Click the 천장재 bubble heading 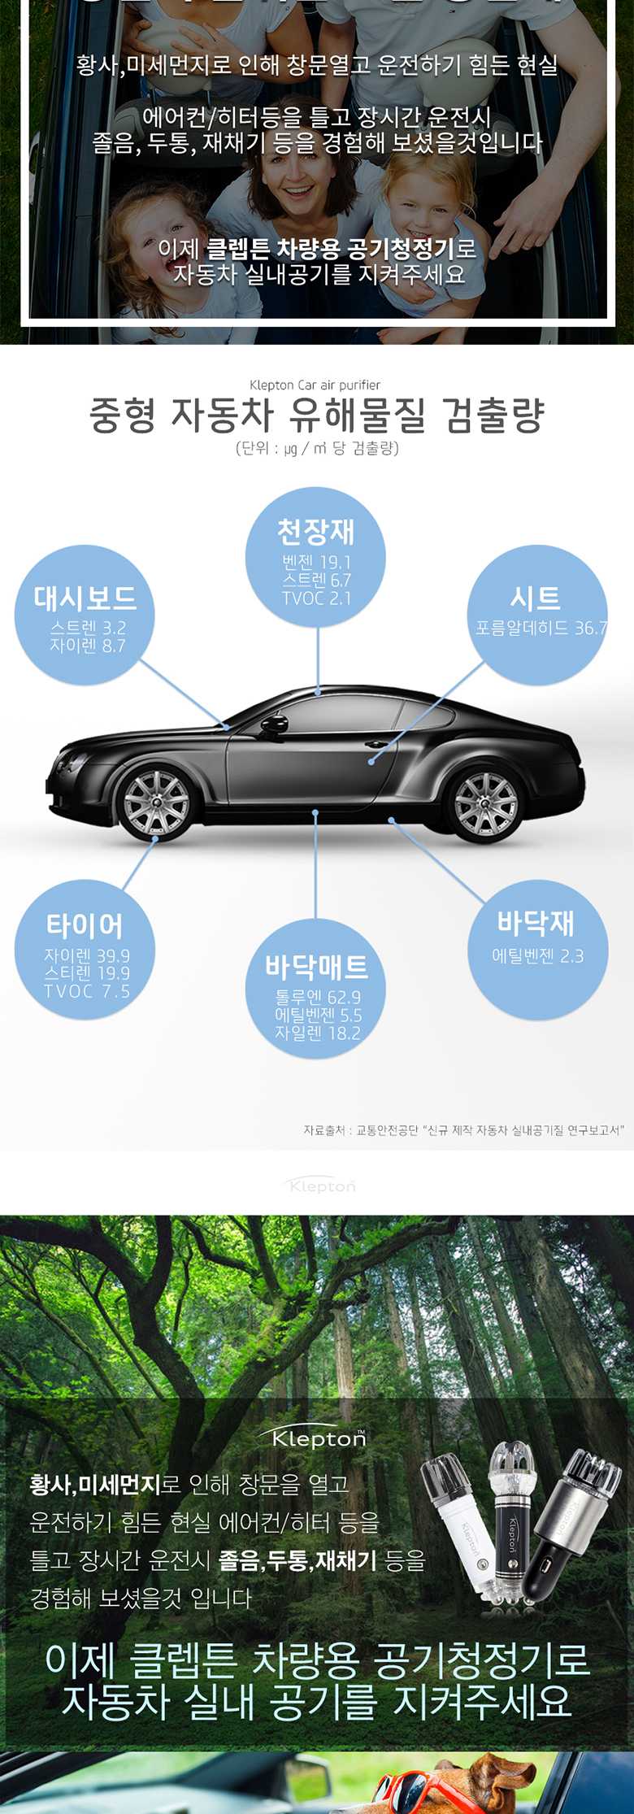[x=316, y=532]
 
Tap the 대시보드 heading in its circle [x=85, y=598]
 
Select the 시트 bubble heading [x=536, y=598]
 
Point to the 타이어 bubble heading [x=85, y=925]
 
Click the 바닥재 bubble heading [x=536, y=923]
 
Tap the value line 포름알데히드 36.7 [x=541, y=628]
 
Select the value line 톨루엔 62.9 [x=318, y=997]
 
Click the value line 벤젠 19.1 [x=316, y=562]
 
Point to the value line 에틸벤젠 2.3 [x=538, y=955]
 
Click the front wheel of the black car [x=156, y=803]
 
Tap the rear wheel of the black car [x=486, y=803]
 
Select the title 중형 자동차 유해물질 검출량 [x=316, y=415]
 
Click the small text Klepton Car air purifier [x=315, y=385]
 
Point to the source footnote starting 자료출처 [x=463, y=1130]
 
